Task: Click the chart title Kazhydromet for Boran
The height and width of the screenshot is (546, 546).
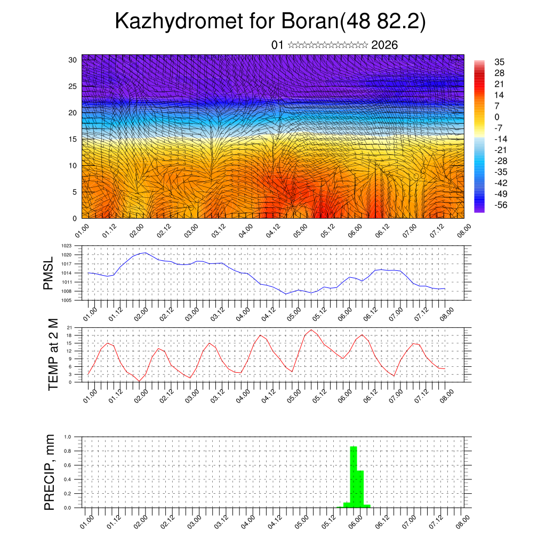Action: (x=270, y=22)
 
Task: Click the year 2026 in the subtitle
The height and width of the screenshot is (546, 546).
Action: (x=384, y=45)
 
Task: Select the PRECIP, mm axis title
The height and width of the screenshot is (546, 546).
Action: (x=50, y=472)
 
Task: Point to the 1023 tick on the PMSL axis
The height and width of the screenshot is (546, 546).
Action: (x=67, y=246)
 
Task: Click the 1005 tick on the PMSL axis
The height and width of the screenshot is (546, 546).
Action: (x=67, y=300)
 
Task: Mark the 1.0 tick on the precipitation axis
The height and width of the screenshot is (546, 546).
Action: (x=68, y=437)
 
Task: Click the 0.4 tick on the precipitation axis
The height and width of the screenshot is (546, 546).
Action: (x=68, y=479)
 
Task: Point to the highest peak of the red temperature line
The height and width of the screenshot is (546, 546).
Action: (x=311, y=330)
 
